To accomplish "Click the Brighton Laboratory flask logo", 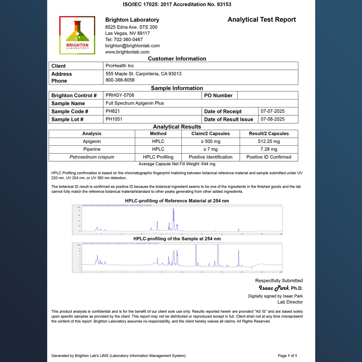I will click(77, 35).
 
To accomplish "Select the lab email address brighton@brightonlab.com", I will click(132, 46).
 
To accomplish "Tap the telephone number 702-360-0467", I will click(128, 39).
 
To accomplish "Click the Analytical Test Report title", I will click(262, 20).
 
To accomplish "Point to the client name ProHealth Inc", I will click(120, 66).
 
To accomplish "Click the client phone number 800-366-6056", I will click(120, 80).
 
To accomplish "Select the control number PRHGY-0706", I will click(120, 95).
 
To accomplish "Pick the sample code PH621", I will click(112, 111).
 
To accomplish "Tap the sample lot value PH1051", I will click(114, 119).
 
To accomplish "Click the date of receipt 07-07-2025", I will click(273, 111).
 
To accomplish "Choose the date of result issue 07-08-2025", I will click(273, 119).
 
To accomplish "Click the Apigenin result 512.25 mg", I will click(269, 141).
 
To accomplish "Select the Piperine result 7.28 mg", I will click(269, 149).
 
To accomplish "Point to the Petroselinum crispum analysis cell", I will click(92, 157).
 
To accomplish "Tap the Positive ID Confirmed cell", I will click(269, 157).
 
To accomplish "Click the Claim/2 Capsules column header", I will click(210, 134).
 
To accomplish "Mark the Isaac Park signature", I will click(274, 288).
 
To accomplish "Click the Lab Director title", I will click(290, 302).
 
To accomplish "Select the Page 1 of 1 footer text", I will click(287, 355).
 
